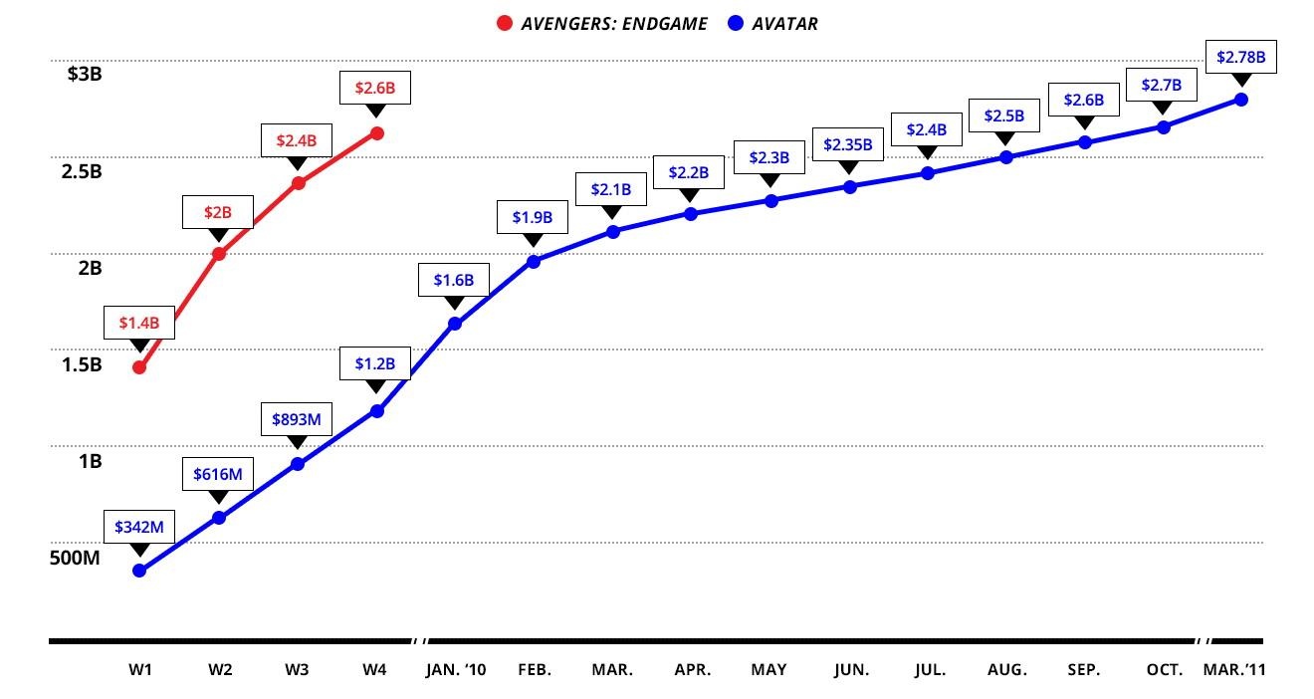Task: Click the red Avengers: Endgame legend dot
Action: click(x=505, y=23)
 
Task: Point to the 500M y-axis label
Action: click(x=75, y=558)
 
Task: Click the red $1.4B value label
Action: click(x=139, y=323)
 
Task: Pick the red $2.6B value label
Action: click(x=375, y=88)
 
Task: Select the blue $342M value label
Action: click(x=139, y=527)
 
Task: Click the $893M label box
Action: click(x=297, y=420)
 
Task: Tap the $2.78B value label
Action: click(x=1241, y=57)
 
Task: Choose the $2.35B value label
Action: click(x=848, y=144)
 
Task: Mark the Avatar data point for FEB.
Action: click(x=533, y=262)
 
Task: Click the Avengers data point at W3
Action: click(x=298, y=183)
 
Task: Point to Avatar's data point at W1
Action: click(x=139, y=571)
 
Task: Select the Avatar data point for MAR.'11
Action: click(x=1241, y=100)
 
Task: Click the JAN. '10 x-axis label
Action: click(x=455, y=670)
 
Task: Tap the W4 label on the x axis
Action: click(x=374, y=670)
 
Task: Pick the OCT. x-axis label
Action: click(x=1164, y=670)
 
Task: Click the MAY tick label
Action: click(x=768, y=670)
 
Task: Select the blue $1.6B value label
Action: click(x=454, y=281)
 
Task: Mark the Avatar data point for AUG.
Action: click(x=1005, y=157)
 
